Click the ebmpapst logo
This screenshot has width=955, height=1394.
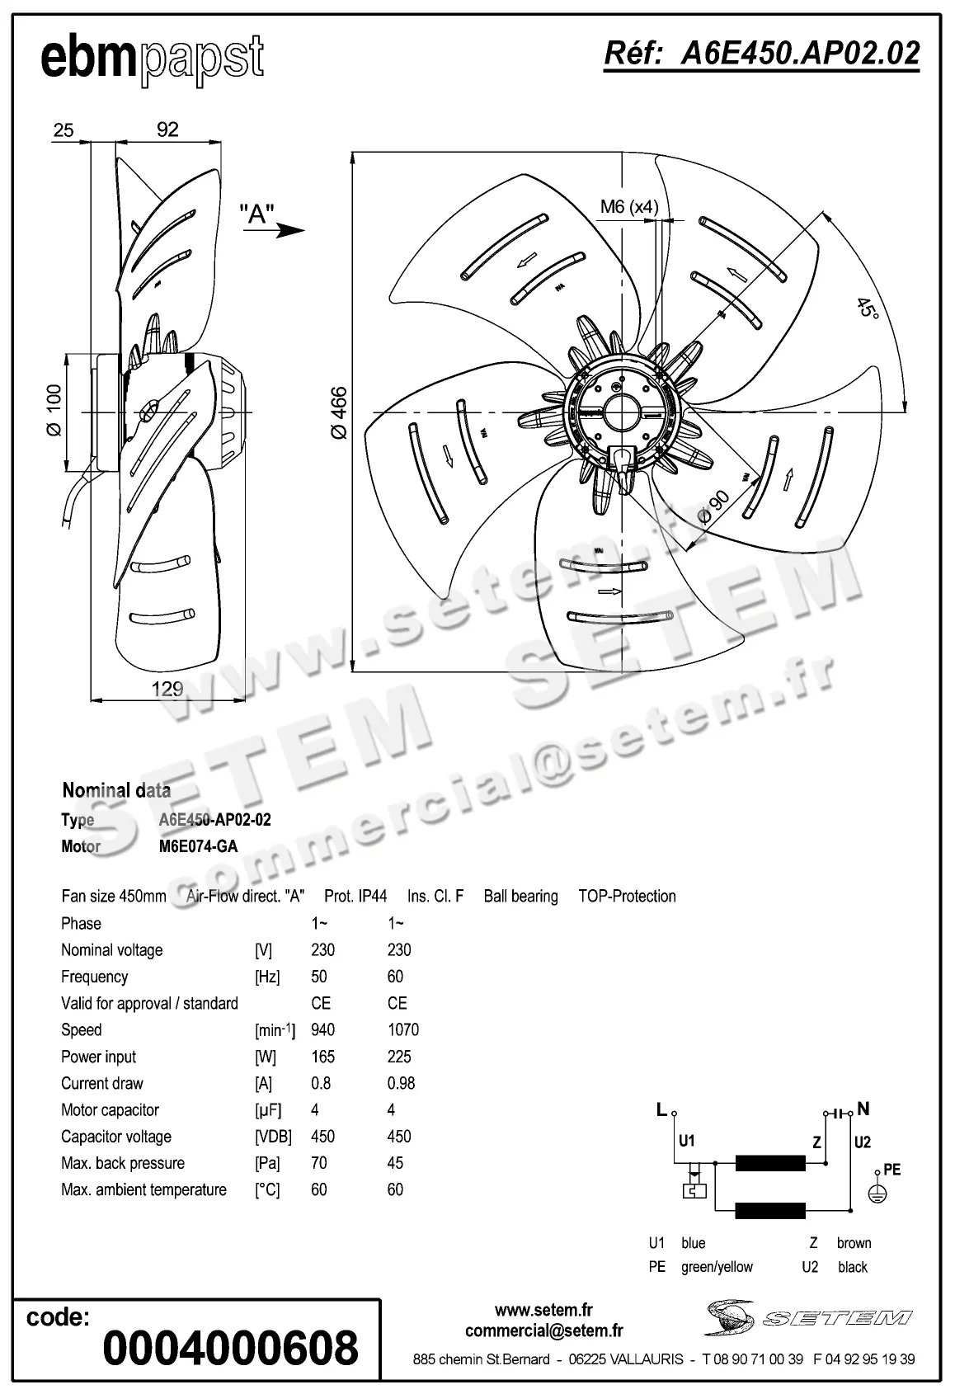pos(153,59)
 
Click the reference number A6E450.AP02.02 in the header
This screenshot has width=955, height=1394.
pos(761,54)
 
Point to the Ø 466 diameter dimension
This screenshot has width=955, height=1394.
pos(338,412)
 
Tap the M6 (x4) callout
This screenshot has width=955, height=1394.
pos(628,206)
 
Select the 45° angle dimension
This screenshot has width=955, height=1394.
pos(866,309)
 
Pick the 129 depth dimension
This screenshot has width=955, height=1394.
pos(167,689)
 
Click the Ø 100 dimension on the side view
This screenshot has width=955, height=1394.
pos(54,410)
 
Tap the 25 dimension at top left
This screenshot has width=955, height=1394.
pos(64,130)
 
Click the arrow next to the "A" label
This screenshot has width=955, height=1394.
pos(290,231)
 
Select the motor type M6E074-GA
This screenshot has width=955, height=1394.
pos(198,846)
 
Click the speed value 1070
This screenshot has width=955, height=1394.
pos(402,1029)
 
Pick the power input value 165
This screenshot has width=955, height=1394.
pos(322,1057)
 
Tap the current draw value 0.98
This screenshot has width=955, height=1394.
pos(401,1083)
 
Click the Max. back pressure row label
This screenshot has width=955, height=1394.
pos(123,1163)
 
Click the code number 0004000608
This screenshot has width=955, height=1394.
pos(231,1347)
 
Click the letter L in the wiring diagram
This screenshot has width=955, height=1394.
pos(661,1110)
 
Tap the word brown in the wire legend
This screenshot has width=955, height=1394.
pos(854,1243)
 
